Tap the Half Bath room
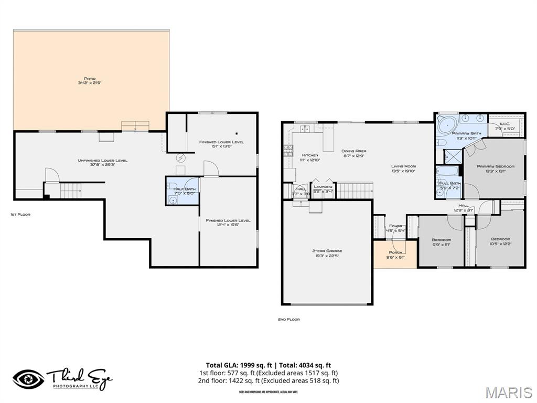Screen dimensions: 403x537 (x=184, y=191)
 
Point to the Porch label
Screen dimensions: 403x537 (x=396, y=254)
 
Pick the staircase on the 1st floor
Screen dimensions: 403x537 (x=71, y=190)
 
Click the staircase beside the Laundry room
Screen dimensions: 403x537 (x=354, y=190)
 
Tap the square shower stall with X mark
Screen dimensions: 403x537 (x=450, y=156)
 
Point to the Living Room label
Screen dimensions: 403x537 (x=403, y=168)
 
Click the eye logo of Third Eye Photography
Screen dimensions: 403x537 (x=29, y=379)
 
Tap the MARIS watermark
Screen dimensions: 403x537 (x=509, y=392)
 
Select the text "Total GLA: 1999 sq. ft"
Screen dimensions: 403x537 (x=239, y=365)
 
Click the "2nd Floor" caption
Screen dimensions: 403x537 (x=288, y=319)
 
